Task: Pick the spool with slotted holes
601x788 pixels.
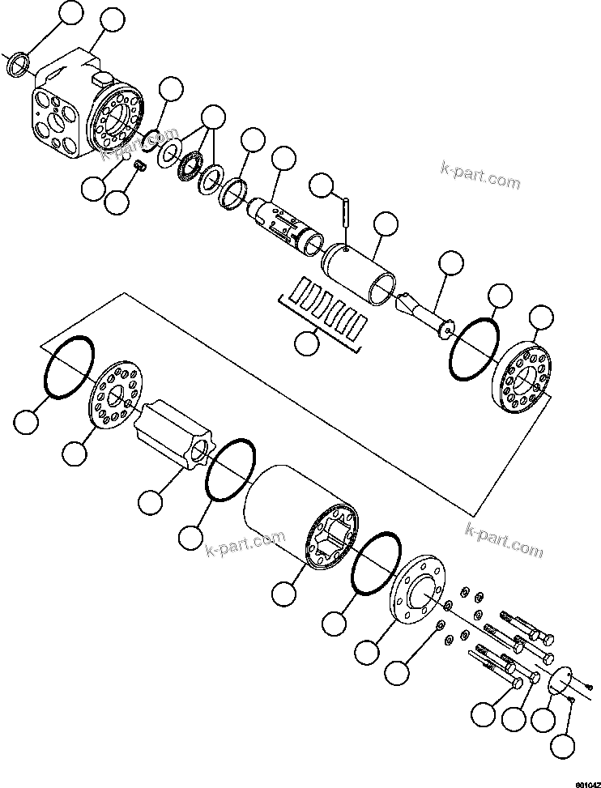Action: tap(284, 223)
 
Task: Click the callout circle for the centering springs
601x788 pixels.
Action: tap(307, 343)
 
